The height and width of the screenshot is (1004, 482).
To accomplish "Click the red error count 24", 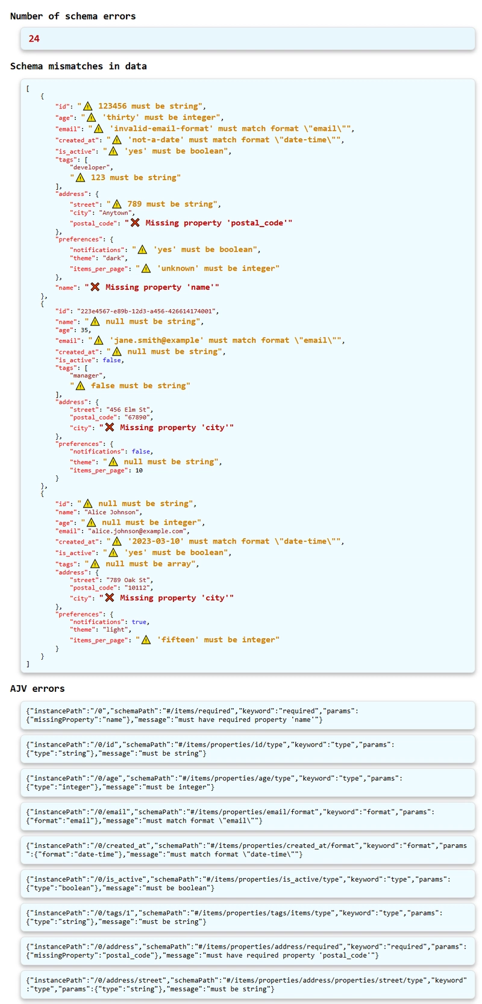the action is [x=34, y=39].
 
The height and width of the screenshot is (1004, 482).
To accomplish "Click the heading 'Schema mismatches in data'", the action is [x=78, y=66].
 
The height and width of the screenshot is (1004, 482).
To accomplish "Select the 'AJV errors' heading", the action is [x=37, y=688].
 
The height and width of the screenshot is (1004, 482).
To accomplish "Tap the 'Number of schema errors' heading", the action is [x=72, y=16].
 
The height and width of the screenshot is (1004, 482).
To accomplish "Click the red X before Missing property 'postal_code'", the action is [x=135, y=223].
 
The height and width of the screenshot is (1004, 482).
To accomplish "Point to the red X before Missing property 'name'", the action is [x=95, y=287].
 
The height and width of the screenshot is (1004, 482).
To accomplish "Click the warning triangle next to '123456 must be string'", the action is [x=88, y=106].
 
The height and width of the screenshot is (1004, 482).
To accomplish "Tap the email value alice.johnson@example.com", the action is [x=138, y=531].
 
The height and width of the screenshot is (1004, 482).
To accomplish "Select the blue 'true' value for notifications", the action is [x=139, y=622].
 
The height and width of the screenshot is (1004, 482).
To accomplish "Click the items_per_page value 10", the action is [x=139, y=471].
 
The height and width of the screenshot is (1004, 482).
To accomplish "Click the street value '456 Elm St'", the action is [x=129, y=410].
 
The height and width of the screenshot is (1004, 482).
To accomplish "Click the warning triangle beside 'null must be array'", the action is [x=95, y=564].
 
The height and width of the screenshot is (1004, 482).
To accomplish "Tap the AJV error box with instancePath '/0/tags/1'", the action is [x=248, y=917].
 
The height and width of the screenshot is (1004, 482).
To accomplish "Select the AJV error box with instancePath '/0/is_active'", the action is [x=248, y=884].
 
